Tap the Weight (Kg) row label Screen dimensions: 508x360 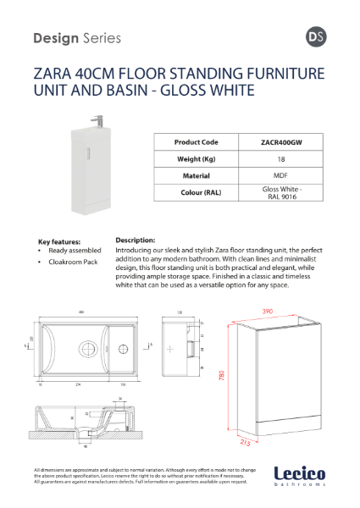coord(196,159)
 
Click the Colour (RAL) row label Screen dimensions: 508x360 coord(196,193)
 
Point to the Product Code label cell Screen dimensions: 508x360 coord(196,142)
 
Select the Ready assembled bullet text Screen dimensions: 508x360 coord(75,251)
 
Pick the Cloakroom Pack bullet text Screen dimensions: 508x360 coord(73,263)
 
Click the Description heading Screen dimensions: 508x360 coord(135,240)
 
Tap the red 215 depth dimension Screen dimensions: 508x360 coord(244,441)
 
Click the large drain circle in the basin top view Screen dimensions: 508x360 coord(89,347)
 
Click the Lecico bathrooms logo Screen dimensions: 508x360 coord(301,477)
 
